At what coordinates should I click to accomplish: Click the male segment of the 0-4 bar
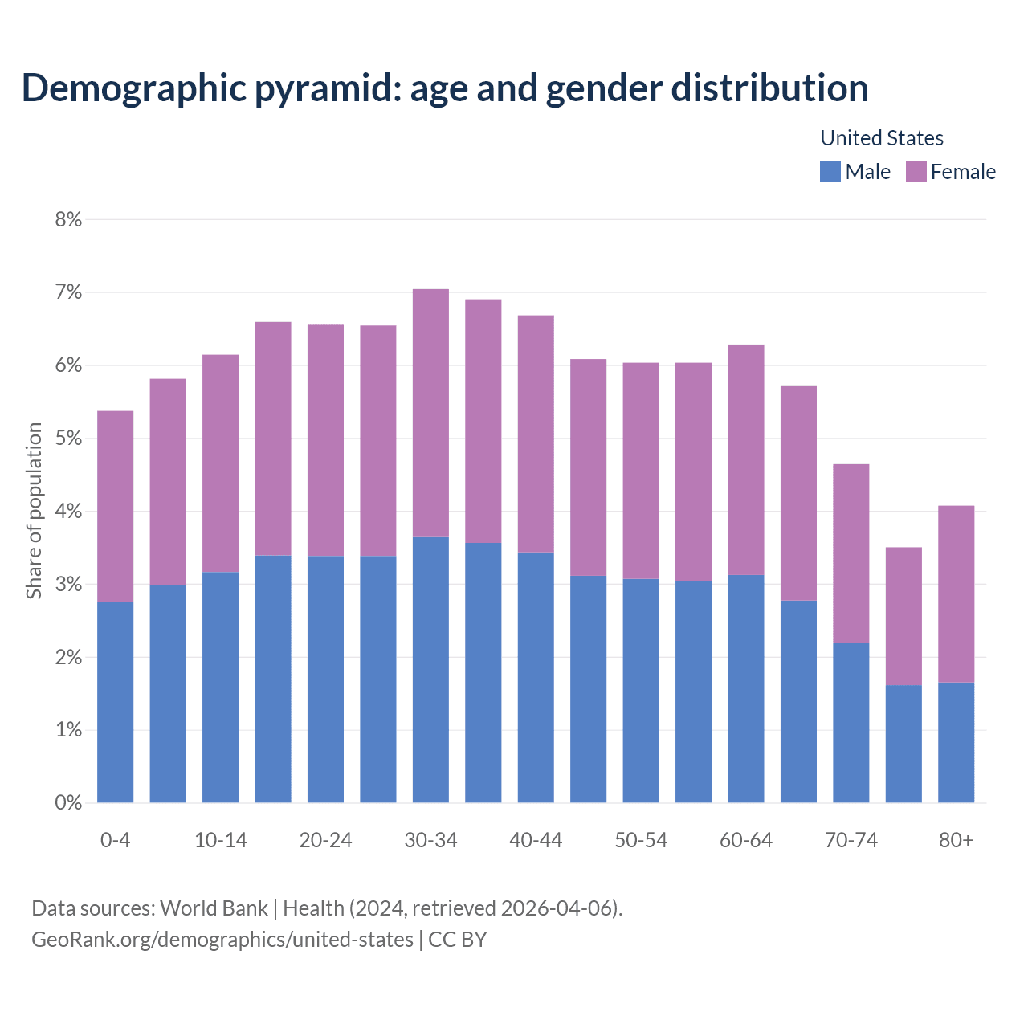115,702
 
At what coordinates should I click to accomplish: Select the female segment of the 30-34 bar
430,413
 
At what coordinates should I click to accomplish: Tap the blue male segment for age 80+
956,742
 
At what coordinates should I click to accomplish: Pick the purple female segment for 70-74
851,553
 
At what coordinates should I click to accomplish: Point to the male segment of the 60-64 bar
746,688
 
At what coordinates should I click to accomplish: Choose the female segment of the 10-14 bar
220,463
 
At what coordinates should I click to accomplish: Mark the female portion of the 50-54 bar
641,471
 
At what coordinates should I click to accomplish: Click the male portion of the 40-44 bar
536,677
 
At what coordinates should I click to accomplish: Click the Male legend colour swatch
830,171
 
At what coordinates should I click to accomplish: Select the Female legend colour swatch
916,171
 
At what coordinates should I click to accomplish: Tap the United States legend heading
881,138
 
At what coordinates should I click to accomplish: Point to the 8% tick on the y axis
69,219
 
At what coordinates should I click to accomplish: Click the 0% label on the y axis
69,802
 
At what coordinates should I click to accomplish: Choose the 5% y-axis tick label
69,439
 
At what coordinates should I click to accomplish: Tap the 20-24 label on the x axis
325,840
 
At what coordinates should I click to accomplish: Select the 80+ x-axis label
956,840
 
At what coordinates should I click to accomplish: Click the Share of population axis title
35,511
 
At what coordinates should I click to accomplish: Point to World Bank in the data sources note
214,908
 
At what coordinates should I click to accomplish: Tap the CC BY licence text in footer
458,940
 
